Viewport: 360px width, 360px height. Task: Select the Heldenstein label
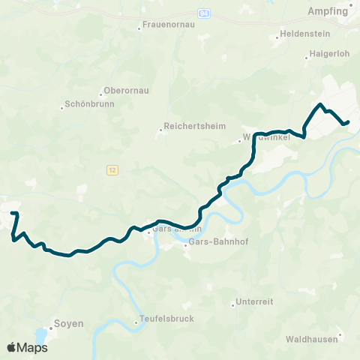[x=301, y=34]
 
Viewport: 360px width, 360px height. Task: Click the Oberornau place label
[x=127, y=91]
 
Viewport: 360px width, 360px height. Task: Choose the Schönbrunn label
[x=89, y=105]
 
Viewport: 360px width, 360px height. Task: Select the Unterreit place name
[x=254, y=301]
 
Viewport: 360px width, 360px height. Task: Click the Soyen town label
[x=67, y=324]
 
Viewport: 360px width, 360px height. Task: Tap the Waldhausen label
[x=310, y=339]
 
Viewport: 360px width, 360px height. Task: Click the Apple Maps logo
[x=27, y=347]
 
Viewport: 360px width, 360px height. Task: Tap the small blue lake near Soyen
[x=40, y=336]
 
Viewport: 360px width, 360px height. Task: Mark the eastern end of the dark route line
[x=348, y=121]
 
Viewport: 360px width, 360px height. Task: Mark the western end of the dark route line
[x=13, y=214]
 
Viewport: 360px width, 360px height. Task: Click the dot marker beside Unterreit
[x=233, y=304]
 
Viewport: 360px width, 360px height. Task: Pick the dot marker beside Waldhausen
[x=340, y=335]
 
